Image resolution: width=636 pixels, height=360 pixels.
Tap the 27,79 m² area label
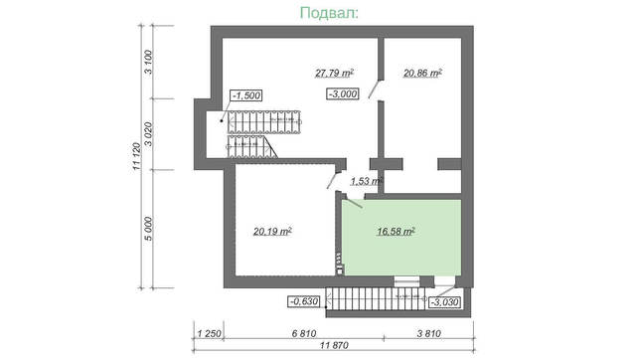335,73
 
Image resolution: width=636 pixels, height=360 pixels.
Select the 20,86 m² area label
422,73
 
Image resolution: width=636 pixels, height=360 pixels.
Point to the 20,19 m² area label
271,231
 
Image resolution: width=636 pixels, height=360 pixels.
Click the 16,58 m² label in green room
396,231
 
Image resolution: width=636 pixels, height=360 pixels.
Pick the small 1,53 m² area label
366,180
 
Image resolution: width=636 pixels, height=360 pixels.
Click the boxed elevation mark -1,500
244,94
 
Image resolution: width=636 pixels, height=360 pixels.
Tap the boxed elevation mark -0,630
302,300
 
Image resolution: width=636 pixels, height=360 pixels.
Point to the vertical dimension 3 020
148,133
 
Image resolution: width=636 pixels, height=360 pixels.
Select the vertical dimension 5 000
148,227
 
